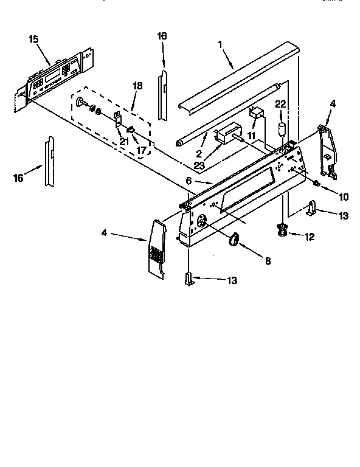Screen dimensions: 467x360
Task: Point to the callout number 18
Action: pos(137,86)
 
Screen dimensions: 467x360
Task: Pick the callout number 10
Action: pos(344,196)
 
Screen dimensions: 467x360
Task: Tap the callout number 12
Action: pos(310,237)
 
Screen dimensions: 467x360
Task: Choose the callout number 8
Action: pos(268,261)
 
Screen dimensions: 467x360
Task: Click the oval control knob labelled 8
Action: pos(234,241)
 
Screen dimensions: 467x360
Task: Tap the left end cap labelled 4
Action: pos(156,249)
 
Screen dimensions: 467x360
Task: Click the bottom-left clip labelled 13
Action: pos(190,280)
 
